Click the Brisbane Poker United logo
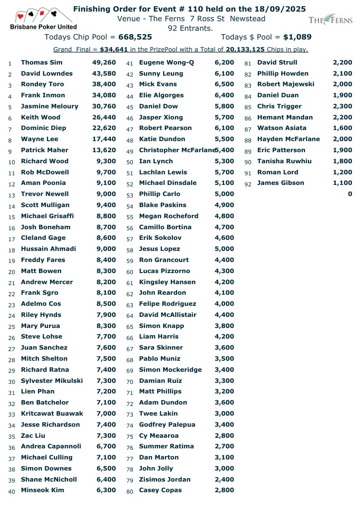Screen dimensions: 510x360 pyautogui.click(x=44, y=19)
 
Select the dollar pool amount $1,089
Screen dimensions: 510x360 pyautogui.click(x=297, y=37)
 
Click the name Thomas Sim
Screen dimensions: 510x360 pyautogui.click(x=41, y=63)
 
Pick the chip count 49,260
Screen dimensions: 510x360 pyautogui.click(x=104, y=63)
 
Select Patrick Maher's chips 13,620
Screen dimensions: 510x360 pyautogui.click(x=104, y=150)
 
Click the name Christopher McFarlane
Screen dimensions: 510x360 pyautogui.click(x=176, y=150)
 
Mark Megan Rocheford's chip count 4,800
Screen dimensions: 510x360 pyautogui.click(x=224, y=216)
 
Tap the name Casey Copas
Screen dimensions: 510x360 pyautogui.click(x=160, y=490)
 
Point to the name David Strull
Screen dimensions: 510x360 pyautogui.click(x=277, y=63)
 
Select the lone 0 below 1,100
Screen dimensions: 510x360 pyautogui.click(x=350, y=194)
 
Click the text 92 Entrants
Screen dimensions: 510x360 pyautogui.click(x=190, y=28)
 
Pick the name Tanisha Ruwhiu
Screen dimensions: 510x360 pyautogui.click(x=284, y=161)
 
